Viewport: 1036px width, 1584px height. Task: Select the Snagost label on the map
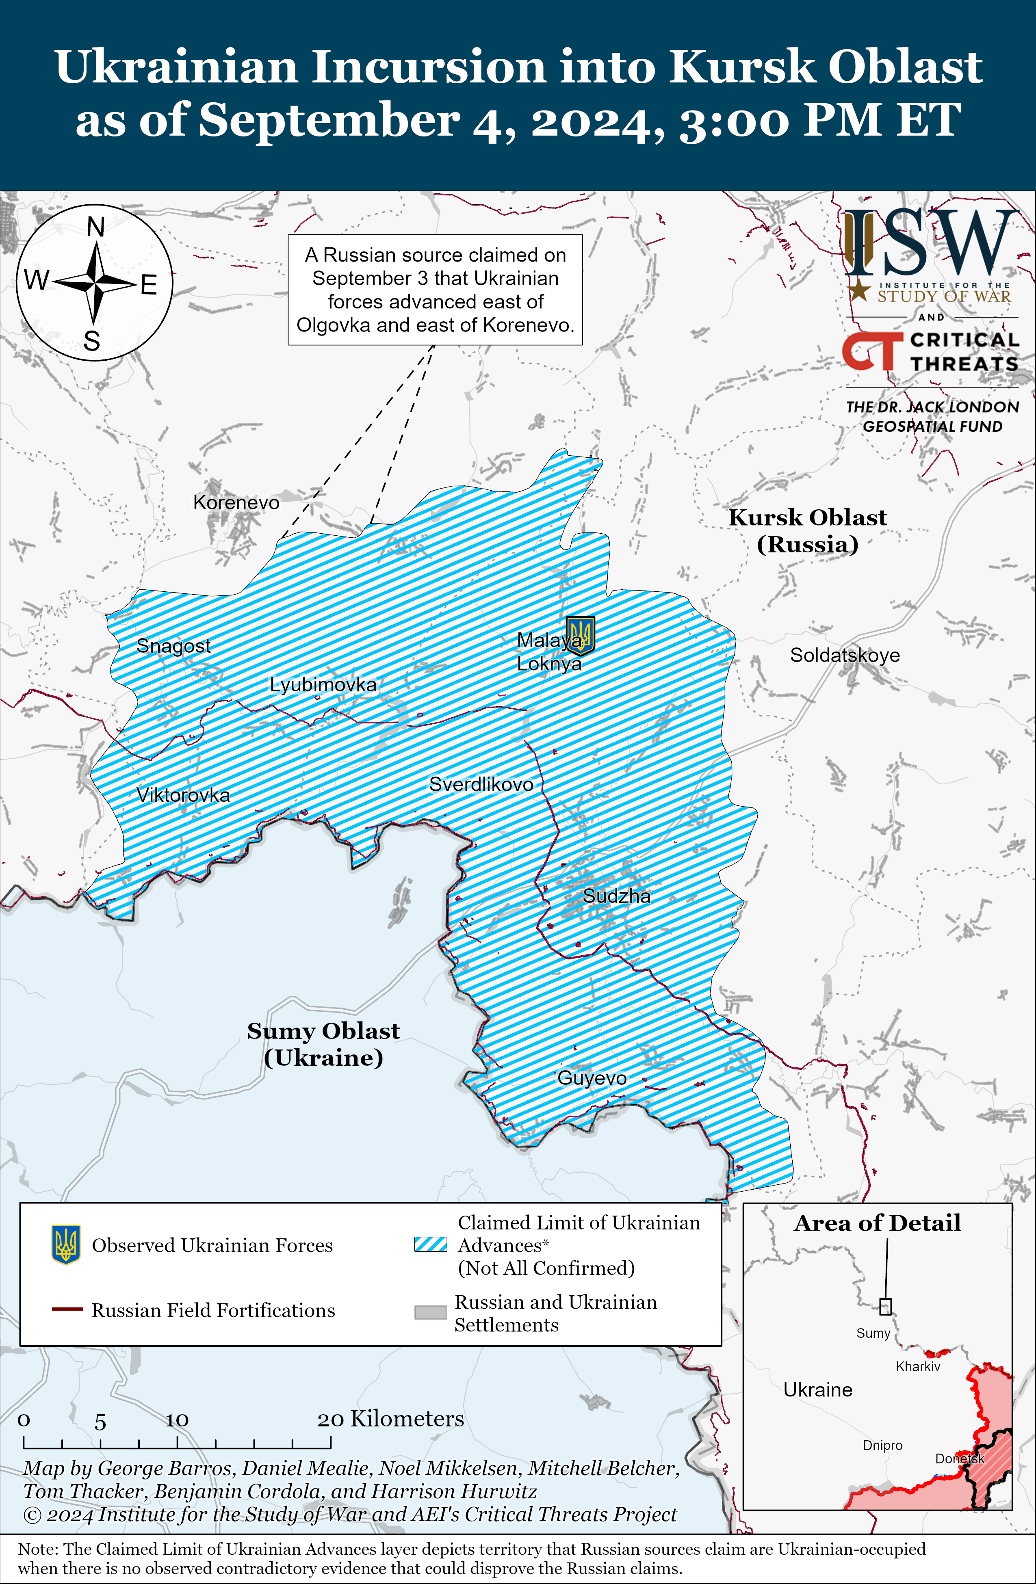(173, 645)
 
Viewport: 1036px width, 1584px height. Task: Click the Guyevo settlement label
(592, 1078)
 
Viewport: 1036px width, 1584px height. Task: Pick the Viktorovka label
(183, 795)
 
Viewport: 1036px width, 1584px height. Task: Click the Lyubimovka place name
(323, 684)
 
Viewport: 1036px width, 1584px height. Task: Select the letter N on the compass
(96, 227)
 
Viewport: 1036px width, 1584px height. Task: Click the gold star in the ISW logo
(860, 290)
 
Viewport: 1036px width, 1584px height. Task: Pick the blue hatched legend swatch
(431, 1244)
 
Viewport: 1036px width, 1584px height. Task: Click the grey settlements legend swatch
(431, 1312)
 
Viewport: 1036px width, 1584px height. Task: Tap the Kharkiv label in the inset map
(917, 1366)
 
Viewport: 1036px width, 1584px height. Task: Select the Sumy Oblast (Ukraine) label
(323, 1043)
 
